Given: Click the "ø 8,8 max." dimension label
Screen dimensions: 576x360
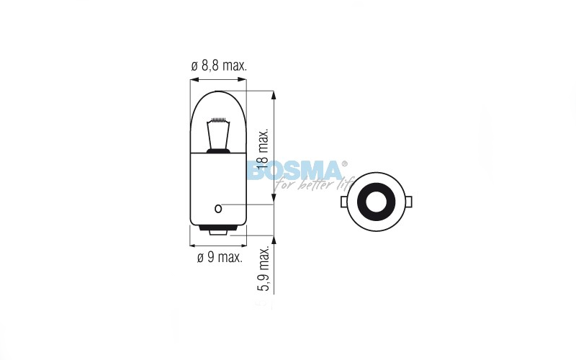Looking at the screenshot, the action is click(219, 66).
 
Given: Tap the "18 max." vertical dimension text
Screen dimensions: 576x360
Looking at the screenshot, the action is click(263, 149).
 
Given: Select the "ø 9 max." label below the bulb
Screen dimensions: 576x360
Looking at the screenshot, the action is click(220, 257).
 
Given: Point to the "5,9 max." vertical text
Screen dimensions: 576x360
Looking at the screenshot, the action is click(264, 268).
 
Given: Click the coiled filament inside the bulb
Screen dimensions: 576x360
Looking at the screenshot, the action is click(218, 120).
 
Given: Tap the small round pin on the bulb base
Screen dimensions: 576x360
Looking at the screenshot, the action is click(218, 209).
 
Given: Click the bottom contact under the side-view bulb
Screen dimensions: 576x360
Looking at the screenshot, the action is click(218, 231).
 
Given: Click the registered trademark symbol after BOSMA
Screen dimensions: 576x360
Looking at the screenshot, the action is click(344, 164).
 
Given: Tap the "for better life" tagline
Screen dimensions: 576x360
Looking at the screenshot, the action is click(313, 184).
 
